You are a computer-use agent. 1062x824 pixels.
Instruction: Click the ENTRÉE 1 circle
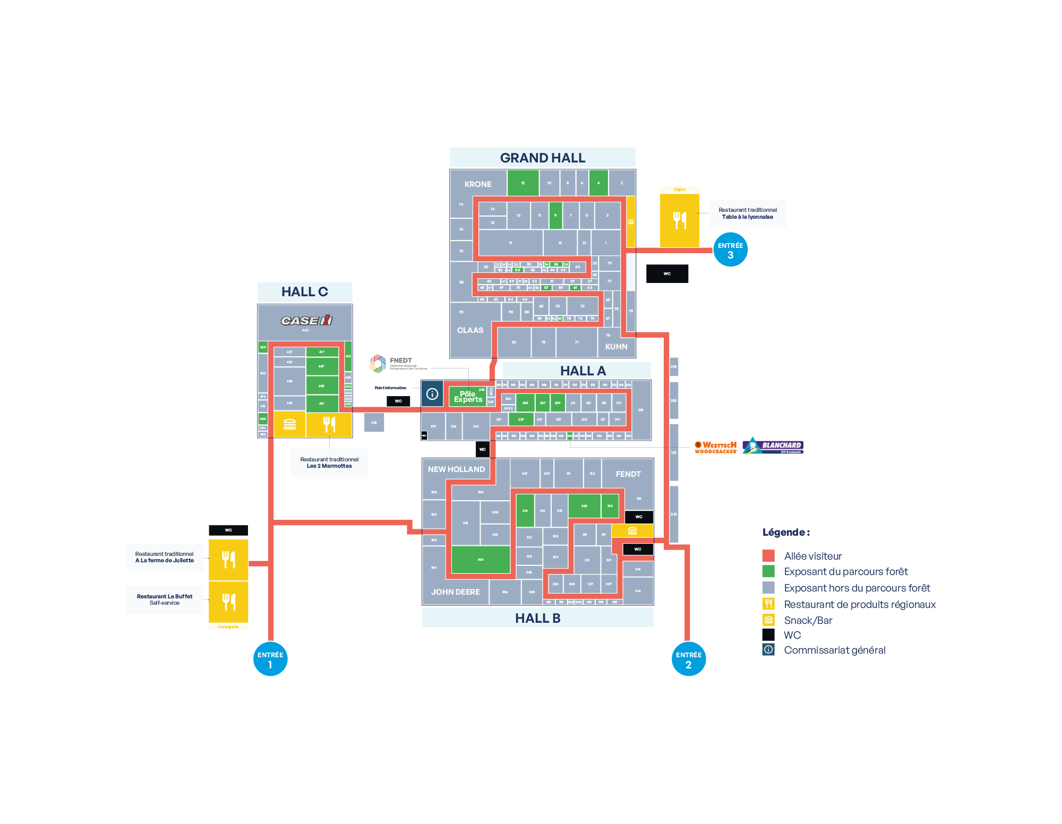270,659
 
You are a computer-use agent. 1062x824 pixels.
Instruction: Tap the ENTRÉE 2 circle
689,659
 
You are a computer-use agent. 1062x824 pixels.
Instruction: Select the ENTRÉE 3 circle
731,250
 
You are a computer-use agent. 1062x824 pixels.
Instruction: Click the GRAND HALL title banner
543,158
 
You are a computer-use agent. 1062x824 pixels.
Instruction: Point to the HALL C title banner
305,292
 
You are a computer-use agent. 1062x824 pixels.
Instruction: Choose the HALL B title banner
538,618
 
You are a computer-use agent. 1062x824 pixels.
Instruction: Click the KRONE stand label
478,184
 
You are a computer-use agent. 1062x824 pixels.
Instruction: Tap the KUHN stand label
616,347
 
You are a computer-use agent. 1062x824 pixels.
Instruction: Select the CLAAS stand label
470,330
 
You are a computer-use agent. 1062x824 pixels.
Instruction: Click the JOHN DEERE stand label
456,592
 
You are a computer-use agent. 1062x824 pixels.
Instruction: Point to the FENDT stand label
628,474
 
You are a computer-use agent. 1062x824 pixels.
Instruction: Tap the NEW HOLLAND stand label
457,469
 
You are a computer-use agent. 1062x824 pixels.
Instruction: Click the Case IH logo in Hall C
306,320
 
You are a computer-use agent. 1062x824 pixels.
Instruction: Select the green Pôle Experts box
468,397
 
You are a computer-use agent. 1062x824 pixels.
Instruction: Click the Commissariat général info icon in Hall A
432,394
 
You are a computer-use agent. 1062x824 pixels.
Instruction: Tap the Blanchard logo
774,446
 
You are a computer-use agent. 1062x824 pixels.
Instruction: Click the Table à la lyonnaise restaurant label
748,213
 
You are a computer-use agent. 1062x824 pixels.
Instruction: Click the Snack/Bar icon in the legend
768,620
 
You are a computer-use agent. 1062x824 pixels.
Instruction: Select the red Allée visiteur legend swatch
768,556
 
